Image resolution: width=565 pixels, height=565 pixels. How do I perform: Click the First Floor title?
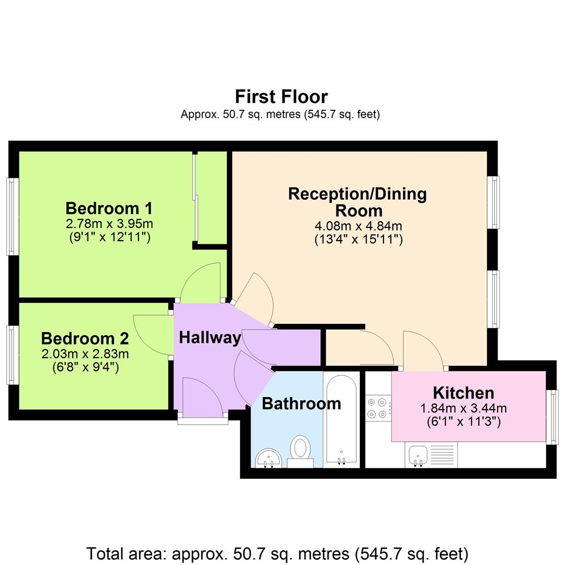pos(281,97)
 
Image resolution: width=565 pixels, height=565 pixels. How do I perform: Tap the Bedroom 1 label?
pos(109,208)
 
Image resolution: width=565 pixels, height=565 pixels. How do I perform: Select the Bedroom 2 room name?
pos(85,338)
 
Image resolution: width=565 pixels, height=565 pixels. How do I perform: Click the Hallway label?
pos(210,337)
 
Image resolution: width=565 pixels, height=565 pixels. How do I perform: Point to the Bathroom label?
pos(301,403)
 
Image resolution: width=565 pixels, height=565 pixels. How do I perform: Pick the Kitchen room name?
pos(463,392)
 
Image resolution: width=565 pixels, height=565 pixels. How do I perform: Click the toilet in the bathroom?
pos(300,450)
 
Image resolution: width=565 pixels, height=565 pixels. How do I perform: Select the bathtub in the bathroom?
pos(342,419)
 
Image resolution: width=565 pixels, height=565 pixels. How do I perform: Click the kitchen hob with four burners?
pos(379,408)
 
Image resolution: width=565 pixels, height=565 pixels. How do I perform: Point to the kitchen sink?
pos(419,454)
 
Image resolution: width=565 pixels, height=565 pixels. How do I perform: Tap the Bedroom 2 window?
pos(13,355)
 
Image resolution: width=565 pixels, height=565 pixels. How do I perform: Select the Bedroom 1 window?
pos(13,216)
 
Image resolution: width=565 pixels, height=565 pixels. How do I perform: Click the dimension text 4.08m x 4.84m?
pos(358,227)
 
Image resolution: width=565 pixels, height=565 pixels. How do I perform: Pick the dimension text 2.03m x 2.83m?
pos(85,354)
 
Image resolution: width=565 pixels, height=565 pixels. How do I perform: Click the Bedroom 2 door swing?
pos(152,335)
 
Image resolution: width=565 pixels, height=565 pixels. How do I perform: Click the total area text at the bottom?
pos(277,553)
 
